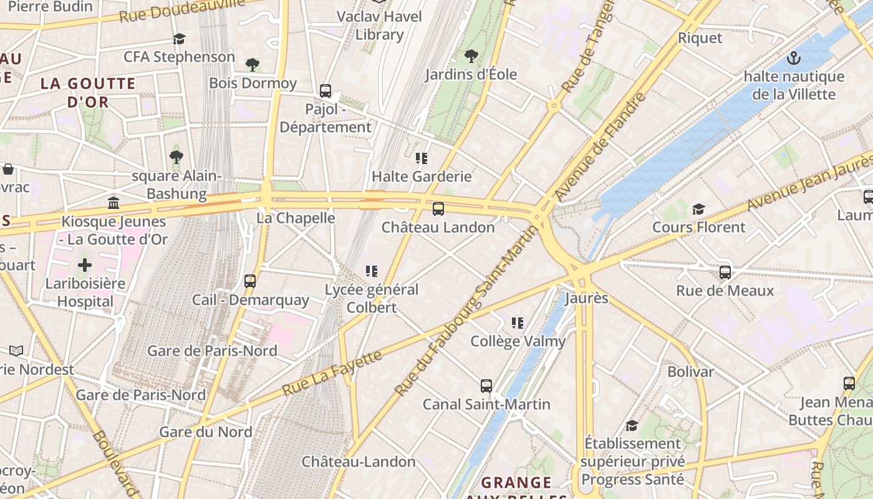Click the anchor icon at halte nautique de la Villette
point(793,59)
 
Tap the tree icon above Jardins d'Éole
point(471,56)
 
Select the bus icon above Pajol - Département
point(326,91)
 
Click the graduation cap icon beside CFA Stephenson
point(180,39)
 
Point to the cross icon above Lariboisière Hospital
point(85,265)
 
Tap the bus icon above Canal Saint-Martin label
point(486,386)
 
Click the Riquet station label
point(700,38)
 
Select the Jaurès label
point(586,298)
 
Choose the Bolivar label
point(690,372)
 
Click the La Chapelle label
point(296,218)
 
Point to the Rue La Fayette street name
point(332,373)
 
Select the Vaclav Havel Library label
point(379,26)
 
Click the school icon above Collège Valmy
point(518,323)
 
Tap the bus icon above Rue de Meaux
point(725,273)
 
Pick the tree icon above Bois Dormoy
point(253,65)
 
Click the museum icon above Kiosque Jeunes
point(113,203)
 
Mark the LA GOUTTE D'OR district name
point(88,92)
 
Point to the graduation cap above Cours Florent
point(698,209)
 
